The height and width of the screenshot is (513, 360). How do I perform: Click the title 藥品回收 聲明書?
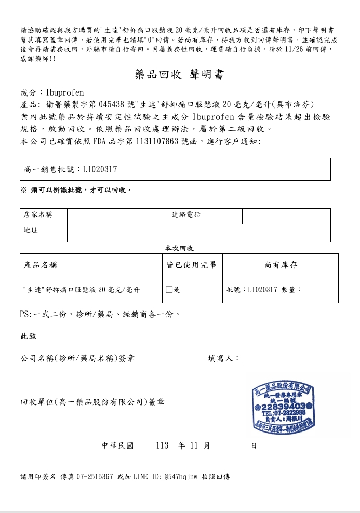(x=179, y=75)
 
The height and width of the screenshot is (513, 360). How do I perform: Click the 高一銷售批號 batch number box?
(x=175, y=169)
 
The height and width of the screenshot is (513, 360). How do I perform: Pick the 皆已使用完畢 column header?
(x=192, y=265)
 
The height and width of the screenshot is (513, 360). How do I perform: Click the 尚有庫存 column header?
(x=281, y=265)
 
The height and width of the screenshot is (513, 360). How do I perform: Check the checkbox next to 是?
(x=169, y=290)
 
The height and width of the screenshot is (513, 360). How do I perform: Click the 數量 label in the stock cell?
(x=291, y=290)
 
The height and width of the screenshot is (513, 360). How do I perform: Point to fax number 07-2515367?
(x=95, y=476)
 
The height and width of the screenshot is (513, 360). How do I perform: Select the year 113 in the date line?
(x=162, y=446)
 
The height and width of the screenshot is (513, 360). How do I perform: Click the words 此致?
(x=29, y=336)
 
